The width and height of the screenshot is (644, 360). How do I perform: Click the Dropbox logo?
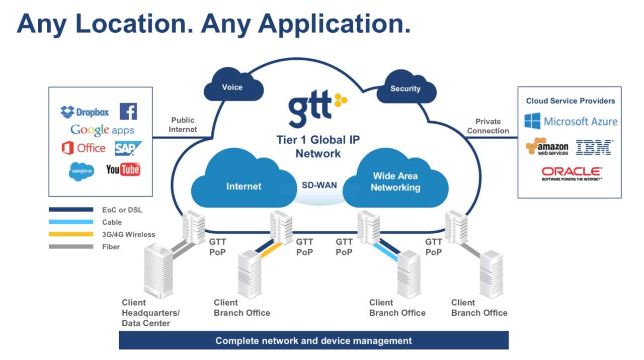coord(85,112)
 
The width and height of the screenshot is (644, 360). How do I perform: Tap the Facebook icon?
coord(128,111)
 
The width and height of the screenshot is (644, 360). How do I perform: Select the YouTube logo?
coord(123,169)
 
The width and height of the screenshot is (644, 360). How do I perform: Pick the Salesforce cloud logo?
coord(82,171)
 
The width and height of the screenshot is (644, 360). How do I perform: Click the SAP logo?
coord(128,148)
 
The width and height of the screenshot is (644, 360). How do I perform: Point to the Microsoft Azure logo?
coord(571,121)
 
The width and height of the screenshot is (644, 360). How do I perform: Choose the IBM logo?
coord(594,147)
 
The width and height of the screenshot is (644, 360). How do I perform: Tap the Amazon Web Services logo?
coord(547,146)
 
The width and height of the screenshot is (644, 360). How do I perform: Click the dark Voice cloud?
coord(232,87)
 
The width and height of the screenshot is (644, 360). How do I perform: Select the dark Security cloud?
coord(406,89)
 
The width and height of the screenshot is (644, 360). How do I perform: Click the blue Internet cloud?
coord(244,185)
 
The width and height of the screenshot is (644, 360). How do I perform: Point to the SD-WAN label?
coord(319,185)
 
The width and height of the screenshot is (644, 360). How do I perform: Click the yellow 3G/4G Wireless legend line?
coord(71,234)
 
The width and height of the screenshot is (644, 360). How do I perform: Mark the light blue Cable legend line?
coord(71,222)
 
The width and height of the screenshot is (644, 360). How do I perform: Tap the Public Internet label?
coord(183,125)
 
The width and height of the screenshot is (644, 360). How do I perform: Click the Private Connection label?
coord(488,126)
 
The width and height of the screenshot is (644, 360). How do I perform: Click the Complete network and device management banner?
coord(313,340)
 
